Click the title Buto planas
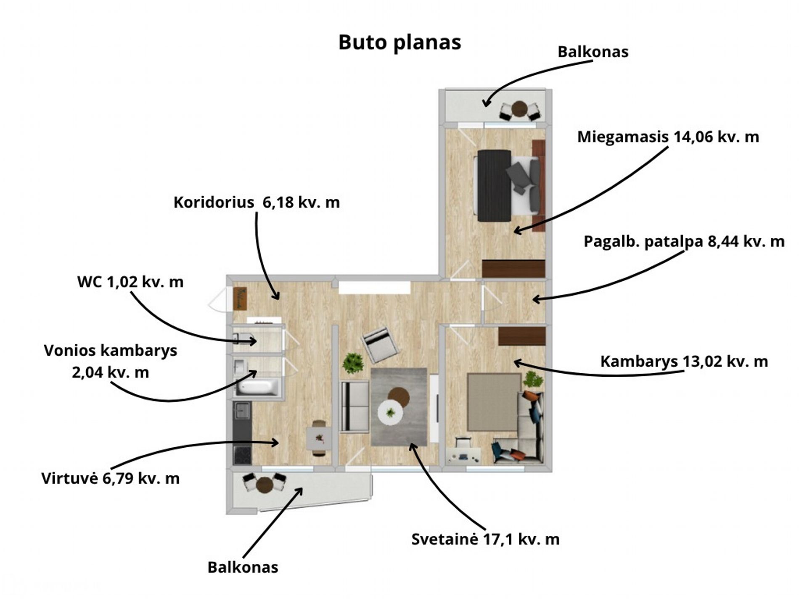click(x=399, y=42)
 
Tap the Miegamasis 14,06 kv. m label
click(x=668, y=137)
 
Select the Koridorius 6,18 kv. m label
click(x=257, y=202)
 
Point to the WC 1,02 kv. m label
click(x=130, y=282)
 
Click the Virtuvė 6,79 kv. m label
click(x=111, y=478)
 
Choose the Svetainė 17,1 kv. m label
click(x=485, y=539)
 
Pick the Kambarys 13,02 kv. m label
click(x=684, y=362)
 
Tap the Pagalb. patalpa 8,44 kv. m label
click(x=684, y=242)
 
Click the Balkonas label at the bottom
click(x=243, y=567)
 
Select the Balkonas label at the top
click(x=593, y=52)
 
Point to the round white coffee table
click(x=390, y=412)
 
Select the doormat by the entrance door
click(x=240, y=298)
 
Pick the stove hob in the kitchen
click(x=243, y=456)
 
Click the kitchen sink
click(x=243, y=411)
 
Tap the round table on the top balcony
click(x=519, y=108)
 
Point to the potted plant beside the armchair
click(x=353, y=363)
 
